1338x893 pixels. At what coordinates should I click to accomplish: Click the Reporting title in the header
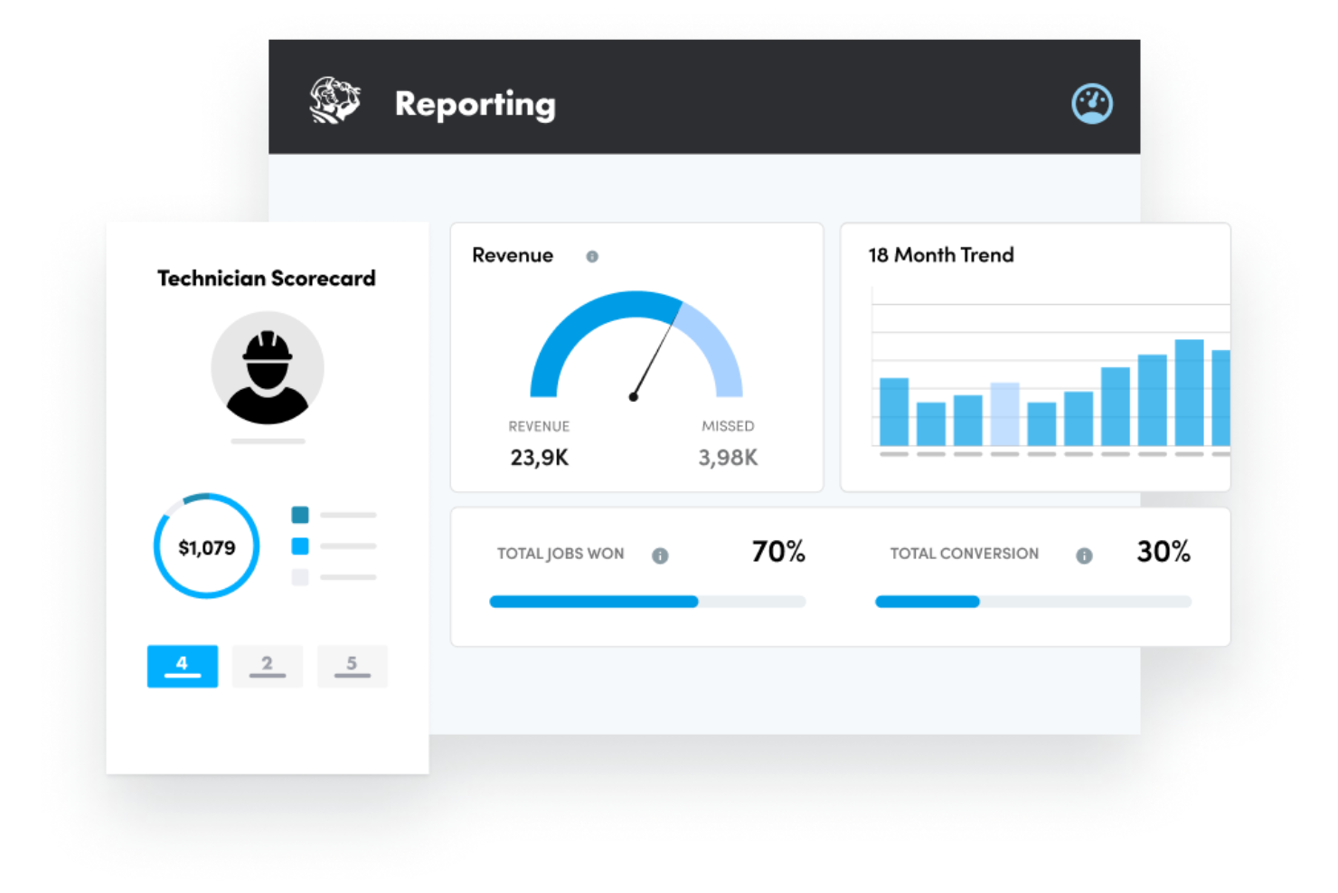[x=475, y=104]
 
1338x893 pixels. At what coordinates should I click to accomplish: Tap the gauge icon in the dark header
[x=1091, y=103]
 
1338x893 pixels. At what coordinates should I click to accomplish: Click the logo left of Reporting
[x=334, y=100]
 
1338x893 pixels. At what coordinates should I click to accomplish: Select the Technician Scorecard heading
[x=266, y=278]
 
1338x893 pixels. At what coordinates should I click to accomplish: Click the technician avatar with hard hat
[x=268, y=368]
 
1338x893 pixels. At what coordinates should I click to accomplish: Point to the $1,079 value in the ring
[x=207, y=547]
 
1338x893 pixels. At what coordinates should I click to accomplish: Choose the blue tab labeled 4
[x=183, y=666]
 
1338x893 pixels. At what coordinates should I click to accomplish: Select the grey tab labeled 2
[x=268, y=666]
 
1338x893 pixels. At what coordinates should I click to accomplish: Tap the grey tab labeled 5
[x=352, y=666]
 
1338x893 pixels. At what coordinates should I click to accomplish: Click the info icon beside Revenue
[x=592, y=257]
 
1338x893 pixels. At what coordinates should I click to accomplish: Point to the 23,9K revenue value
[x=540, y=458]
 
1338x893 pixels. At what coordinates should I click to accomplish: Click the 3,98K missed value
[x=728, y=458]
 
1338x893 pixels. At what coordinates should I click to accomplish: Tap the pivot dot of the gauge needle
[x=634, y=396]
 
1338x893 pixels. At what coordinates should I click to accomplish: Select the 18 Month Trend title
[x=941, y=255]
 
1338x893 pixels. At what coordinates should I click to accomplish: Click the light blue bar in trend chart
[x=1004, y=413]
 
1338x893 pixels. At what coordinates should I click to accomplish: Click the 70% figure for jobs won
[x=778, y=551]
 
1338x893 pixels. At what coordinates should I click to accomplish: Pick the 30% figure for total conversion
[x=1164, y=551]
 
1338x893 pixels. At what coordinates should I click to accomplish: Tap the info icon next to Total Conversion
[x=1084, y=556]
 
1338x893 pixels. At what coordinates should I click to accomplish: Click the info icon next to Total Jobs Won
[x=660, y=556]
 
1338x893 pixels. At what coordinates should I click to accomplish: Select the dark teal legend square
[x=300, y=515]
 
